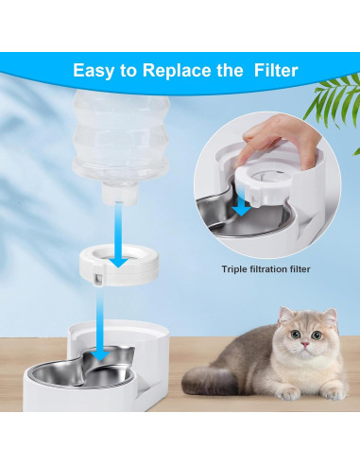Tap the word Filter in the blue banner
[x=269, y=70]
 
